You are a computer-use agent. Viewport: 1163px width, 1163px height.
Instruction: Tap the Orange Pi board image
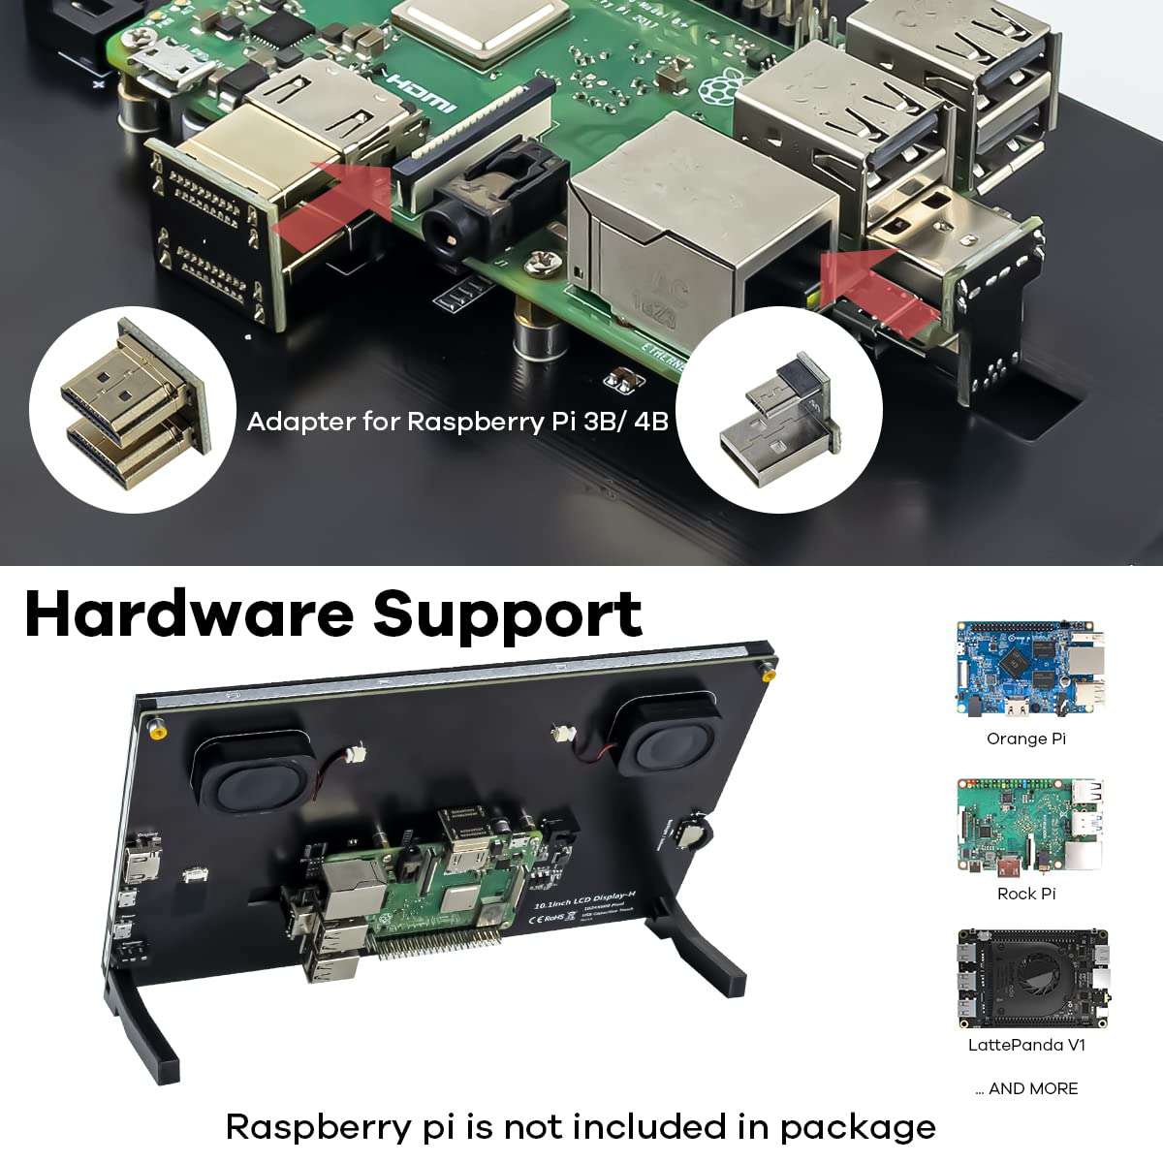click(1029, 669)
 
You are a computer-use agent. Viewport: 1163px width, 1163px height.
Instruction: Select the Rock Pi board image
click(1029, 824)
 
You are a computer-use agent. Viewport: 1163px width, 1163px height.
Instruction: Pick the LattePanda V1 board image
click(1031, 979)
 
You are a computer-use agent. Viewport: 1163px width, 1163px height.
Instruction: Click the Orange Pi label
click(1026, 739)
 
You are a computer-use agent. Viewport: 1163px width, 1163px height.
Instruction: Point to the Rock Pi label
click(1026, 894)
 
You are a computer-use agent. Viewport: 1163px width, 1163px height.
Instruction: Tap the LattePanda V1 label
click(1026, 1045)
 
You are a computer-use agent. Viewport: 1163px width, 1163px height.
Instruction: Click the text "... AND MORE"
click(1026, 1088)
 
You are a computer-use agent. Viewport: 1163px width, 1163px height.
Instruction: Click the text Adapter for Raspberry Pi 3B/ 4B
click(457, 422)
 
